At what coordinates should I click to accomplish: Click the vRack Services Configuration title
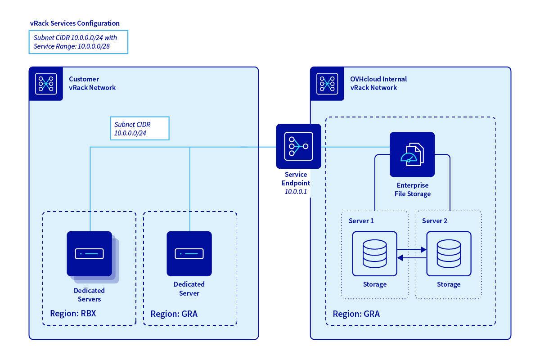(75, 23)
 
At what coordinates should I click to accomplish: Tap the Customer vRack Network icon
(46, 84)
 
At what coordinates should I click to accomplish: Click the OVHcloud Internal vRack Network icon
(328, 84)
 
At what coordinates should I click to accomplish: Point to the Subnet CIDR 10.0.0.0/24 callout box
(139, 128)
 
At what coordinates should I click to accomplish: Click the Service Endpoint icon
(298, 146)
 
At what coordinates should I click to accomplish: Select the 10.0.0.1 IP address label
(296, 191)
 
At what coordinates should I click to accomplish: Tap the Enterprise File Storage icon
(412, 154)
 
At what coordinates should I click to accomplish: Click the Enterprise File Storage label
(413, 189)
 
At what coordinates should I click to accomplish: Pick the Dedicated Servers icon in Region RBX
(90, 254)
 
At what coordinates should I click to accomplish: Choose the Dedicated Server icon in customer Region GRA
(189, 254)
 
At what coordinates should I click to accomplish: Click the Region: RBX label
(73, 313)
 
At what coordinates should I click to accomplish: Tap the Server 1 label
(361, 221)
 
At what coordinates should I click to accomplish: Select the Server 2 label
(435, 221)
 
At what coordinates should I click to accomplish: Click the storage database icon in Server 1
(374, 253)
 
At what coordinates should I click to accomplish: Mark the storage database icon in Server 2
(449, 253)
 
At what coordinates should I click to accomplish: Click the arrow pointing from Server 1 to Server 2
(412, 249)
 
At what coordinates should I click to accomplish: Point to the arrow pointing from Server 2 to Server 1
(412, 258)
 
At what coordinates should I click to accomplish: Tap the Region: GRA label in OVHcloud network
(356, 314)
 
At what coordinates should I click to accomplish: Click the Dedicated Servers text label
(89, 295)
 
